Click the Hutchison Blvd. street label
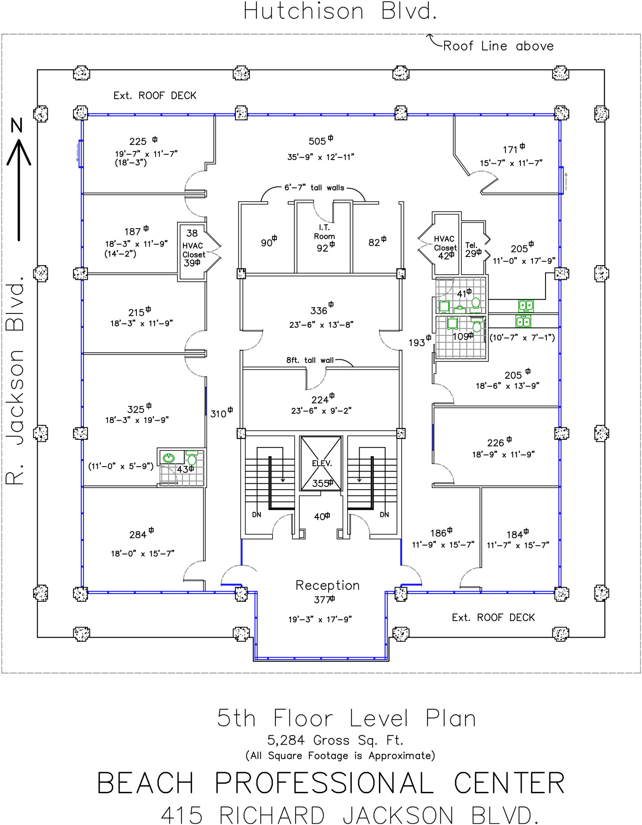(x=340, y=12)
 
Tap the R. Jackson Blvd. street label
(x=16, y=382)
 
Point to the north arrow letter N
(x=16, y=125)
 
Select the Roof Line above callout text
(x=498, y=46)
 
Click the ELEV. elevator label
(x=322, y=463)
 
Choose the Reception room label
(x=327, y=585)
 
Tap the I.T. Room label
(x=325, y=232)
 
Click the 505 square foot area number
(x=317, y=141)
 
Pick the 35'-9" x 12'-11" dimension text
(x=320, y=157)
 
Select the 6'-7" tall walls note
(x=314, y=188)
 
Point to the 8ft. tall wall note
(x=310, y=360)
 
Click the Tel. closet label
(x=471, y=245)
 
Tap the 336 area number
(x=319, y=311)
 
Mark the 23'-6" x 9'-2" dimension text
(x=321, y=411)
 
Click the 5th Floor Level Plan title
(x=346, y=719)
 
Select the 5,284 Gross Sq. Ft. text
(x=335, y=740)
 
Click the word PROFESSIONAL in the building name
(x=324, y=783)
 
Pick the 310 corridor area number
(x=219, y=414)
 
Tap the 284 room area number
(x=138, y=535)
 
